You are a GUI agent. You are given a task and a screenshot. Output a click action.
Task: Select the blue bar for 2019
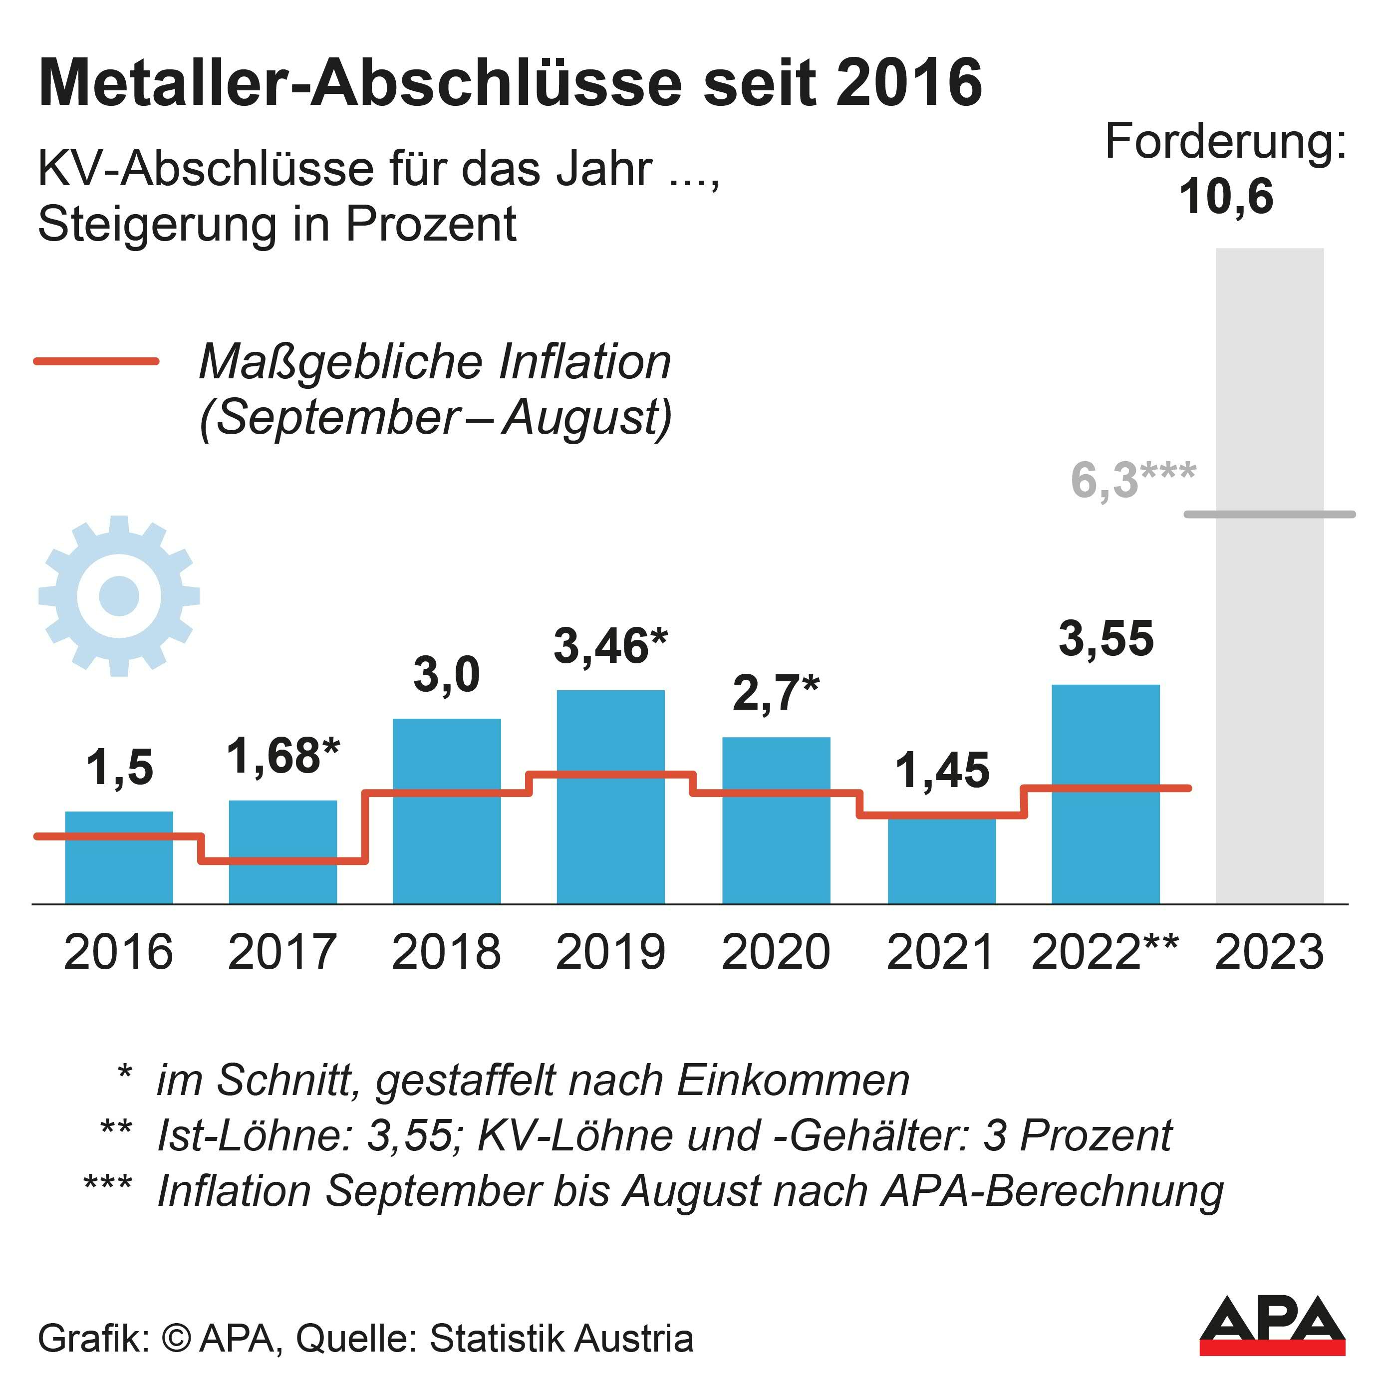[610, 838]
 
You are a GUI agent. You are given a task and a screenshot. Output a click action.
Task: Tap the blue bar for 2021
[941, 863]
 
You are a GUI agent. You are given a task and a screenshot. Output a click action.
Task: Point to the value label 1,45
[942, 771]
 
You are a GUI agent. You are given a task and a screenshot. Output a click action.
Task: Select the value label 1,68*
[283, 757]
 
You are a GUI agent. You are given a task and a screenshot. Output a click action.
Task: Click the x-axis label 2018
[446, 952]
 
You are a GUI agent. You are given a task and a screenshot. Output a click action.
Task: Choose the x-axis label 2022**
[1104, 952]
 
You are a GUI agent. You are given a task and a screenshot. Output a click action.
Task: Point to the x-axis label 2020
[776, 952]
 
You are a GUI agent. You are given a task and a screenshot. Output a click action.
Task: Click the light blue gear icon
[119, 595]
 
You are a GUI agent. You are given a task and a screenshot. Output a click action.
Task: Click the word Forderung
[1225, 141]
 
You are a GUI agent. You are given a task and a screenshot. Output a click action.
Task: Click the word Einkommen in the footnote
[792, 1080]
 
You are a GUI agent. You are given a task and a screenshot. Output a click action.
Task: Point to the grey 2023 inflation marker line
[1269, 514]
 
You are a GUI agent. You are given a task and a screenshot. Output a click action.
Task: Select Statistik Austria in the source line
[561, 1338]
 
